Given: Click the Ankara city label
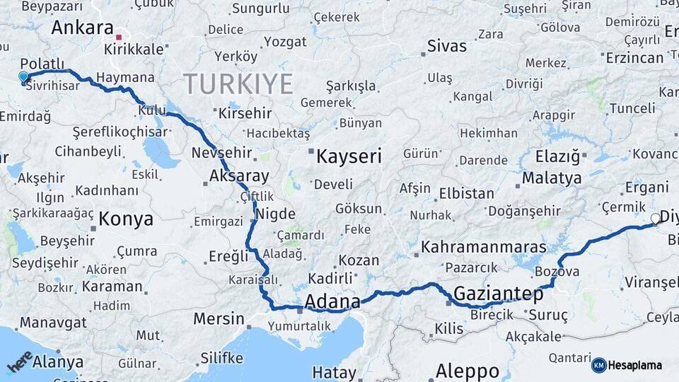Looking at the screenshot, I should (83, 28).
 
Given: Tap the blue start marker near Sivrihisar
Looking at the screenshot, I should (23, 77).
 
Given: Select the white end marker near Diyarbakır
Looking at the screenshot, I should (656, 219).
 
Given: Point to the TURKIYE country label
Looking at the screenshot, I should (238, 84).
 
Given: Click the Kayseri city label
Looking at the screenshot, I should (349, 156).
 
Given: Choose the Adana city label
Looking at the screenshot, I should (332, 301).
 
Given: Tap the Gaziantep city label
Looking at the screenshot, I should (499, 293).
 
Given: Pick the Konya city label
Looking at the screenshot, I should (126, 219).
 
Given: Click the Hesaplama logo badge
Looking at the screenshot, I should (627, 365).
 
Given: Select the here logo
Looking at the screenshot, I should (19, 361).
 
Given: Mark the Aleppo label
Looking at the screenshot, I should (467, 371).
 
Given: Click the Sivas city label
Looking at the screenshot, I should (447, 47).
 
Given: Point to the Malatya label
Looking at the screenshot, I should (552, 178).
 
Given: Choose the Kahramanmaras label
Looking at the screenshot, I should (484, 247).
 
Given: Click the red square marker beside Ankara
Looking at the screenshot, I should (120, 36).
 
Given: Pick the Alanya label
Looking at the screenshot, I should (58, 362).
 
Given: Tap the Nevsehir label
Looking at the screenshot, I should (222, 153).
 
